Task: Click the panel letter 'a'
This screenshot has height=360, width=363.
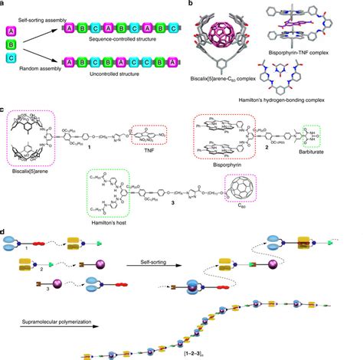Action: (x=4, y=5)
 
